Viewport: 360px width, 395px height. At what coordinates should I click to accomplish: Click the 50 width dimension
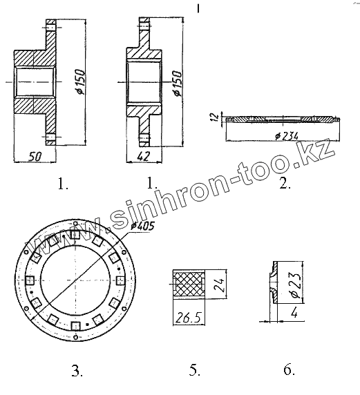tap(35, 157)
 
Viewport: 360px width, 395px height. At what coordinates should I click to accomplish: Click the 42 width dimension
tap(144, 156)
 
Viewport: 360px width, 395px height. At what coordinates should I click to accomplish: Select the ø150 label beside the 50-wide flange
tap(81, 82)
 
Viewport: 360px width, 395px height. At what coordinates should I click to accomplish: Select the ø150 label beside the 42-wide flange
tap(178, 84)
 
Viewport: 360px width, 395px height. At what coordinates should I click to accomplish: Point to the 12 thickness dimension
tap(214, 117)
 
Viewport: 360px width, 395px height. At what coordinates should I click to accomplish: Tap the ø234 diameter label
tap(287, 136)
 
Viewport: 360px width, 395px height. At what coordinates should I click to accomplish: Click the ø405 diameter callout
tap(143, 226)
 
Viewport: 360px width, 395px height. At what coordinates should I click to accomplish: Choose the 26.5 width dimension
tap(189, 318)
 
